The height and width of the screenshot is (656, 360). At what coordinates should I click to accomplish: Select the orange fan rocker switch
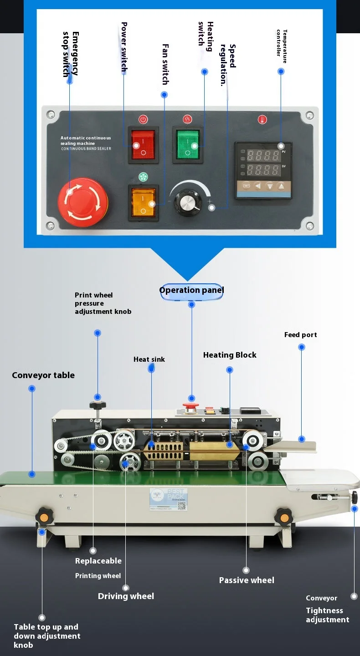(x=144, y=203)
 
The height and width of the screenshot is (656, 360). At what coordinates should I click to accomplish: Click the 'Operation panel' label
(x=191, y=291)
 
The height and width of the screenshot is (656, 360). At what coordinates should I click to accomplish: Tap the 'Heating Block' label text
(x=230, y=355)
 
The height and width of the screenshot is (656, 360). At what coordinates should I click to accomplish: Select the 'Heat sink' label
(x=149, y=359)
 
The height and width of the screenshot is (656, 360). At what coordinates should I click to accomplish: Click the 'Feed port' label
(x=300, y=335)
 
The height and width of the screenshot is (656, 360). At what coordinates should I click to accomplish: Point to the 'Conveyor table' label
(x=43, y=375)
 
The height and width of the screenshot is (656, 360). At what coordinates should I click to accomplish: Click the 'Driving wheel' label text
(x=126, y=596)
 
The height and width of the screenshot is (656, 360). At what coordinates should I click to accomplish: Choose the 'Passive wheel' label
(x=247, y=580)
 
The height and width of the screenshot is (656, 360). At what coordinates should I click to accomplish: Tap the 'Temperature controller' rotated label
(x=282, y=43)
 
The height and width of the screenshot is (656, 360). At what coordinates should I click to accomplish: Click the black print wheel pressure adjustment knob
(x=98, y=405)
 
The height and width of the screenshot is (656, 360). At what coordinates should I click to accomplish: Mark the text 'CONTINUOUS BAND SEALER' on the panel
(x=86, y=149)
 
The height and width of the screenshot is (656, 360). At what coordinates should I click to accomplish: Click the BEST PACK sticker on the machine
(x=168, y=498)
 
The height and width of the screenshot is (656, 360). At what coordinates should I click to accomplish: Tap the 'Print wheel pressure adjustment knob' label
(x=103, y=303)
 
